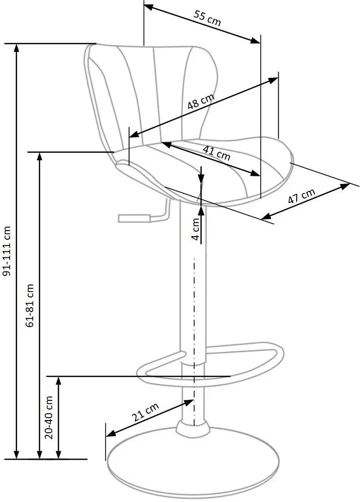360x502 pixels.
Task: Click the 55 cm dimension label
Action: [x=207, y=19]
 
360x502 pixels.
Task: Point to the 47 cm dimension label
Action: [x=301, y=195]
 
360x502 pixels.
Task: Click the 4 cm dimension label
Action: [x=196, y=228]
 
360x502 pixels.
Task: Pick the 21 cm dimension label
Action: [x=145, y=413]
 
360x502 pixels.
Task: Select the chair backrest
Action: [x=151, y=90]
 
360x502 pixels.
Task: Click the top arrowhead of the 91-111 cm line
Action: [x=17, y=47]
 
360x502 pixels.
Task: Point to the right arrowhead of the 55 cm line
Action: [x=257, y=40]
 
